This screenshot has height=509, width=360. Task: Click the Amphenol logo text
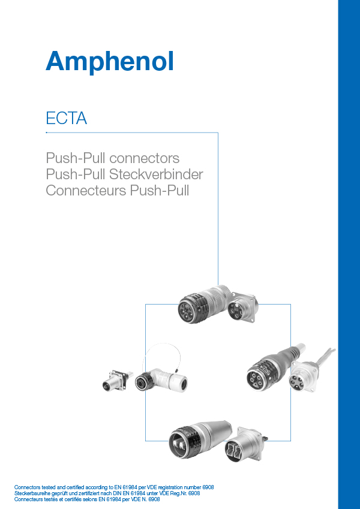tap(110, 61)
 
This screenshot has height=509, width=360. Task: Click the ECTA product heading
tap(67, 118)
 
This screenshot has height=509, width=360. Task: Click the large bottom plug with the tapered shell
tap(197, 440)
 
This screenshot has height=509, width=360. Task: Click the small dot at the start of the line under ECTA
tap(47, 131)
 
